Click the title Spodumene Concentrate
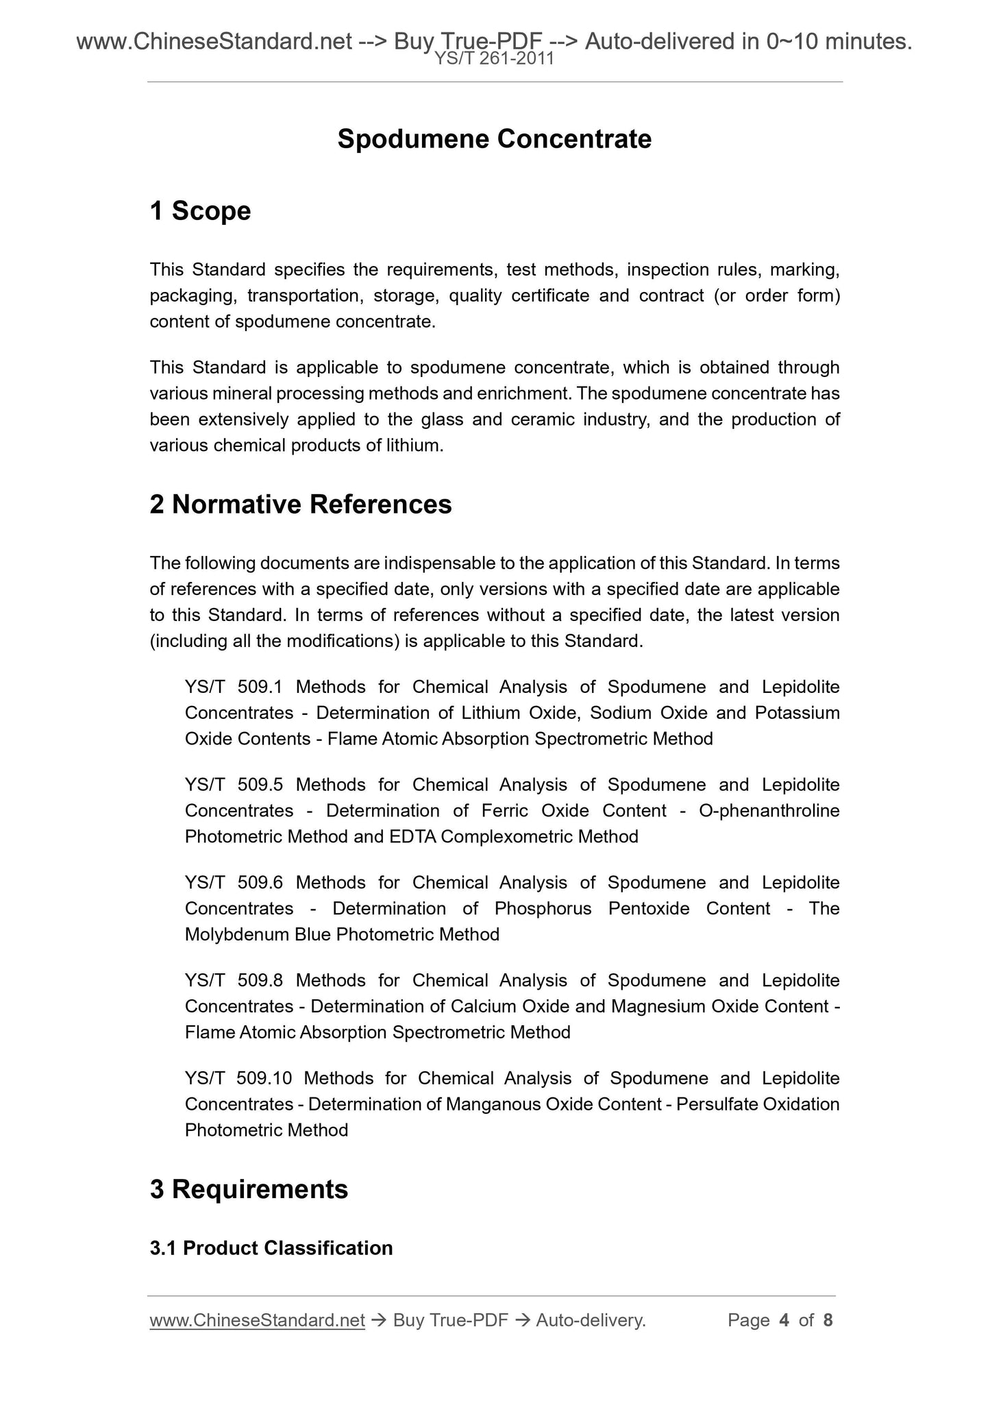494,139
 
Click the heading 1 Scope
200,210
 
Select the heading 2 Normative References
301,504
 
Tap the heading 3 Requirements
249,1189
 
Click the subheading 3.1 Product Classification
271,1248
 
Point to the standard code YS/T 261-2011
494,59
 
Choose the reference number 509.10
264,1078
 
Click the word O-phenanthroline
769,811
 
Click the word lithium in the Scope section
414,446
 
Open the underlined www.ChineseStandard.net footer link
257,1320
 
